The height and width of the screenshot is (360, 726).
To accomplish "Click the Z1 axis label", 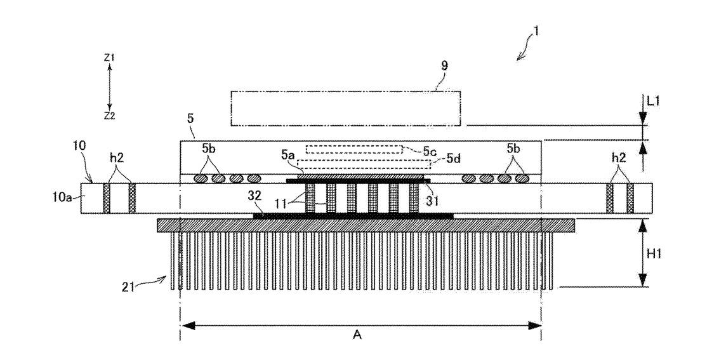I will pos(109,57).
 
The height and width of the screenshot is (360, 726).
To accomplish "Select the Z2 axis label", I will pos(109,116).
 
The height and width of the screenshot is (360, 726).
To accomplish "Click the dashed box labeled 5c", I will pos(353,150).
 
